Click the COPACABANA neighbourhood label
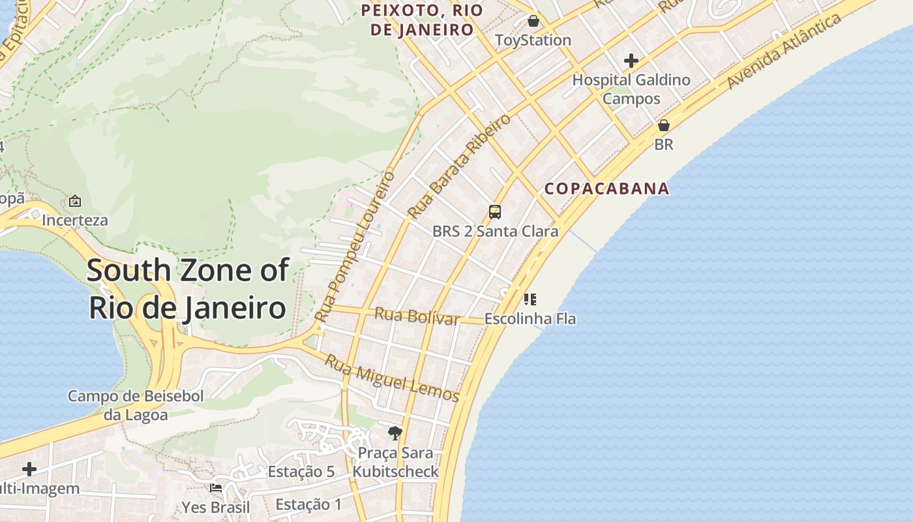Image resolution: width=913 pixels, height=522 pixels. click(x=606, y=189)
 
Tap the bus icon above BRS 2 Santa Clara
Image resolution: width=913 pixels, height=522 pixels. click(x=495, y=212)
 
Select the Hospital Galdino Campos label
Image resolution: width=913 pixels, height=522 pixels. click(x=631, y=89)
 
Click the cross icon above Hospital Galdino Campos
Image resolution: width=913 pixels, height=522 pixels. click(x=631, y=61)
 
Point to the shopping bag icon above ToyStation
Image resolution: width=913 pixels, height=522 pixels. click(x=533, y=21)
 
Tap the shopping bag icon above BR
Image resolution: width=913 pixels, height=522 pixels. click(x=664, y=125)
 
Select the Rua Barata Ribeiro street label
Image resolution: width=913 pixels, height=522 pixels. click(x=459, y=166)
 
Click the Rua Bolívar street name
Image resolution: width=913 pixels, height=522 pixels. click(x=417, y=317)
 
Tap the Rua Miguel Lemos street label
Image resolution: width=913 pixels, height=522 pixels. click(x=392, y=378)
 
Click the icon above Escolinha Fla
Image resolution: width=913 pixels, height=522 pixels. click(x=530, y=299)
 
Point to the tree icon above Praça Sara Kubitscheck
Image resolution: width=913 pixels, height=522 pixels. click(x=395, y=432)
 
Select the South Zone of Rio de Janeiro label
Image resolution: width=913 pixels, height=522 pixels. click(x=187, y=288)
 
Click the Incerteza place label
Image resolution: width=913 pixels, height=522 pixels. click(x=75, y=220)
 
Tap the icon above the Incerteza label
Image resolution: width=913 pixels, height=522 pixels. click(x=75, y=201)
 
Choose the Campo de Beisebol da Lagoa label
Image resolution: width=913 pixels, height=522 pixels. click(x=136, y=405)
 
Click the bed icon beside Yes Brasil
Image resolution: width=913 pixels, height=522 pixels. click(x=216, y=487)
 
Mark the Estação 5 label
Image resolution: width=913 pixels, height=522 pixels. click(x=301, y=471)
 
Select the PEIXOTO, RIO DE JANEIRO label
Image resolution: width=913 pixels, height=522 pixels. click(x=422, y=20)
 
